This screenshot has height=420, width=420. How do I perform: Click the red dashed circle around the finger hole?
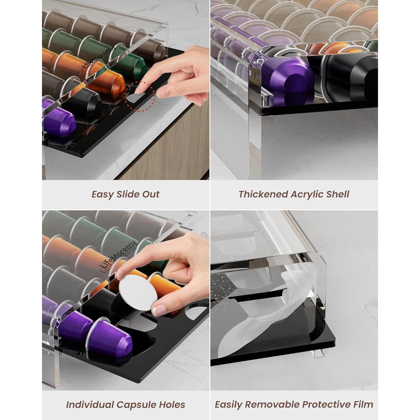point(139,96)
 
